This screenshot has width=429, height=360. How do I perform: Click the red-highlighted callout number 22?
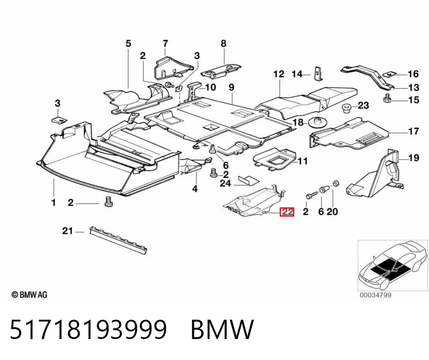pyautogui.click(x=287, y=212)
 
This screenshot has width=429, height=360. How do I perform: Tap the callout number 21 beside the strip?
pyautogui.click(x=68, y=231)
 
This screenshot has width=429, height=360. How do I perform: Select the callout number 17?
pyautogui.click(x=413, y=132)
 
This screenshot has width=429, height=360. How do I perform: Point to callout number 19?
pyautogui.click(x=413, y=157)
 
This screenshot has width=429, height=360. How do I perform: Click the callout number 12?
pyautogui.click(x=279, y=74)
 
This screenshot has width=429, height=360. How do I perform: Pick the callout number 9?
pyautogui.click(x=231, y=88)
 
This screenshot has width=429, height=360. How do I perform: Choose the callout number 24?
pyautogui.click(x=226, y=183)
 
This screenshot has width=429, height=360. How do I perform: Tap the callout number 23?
pyautogui.click(x=363, y=105)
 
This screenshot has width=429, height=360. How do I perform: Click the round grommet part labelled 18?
pyautogui.click(x=317, y=122)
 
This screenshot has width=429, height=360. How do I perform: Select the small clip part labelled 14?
pyautogui.click(x=318, y=74)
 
